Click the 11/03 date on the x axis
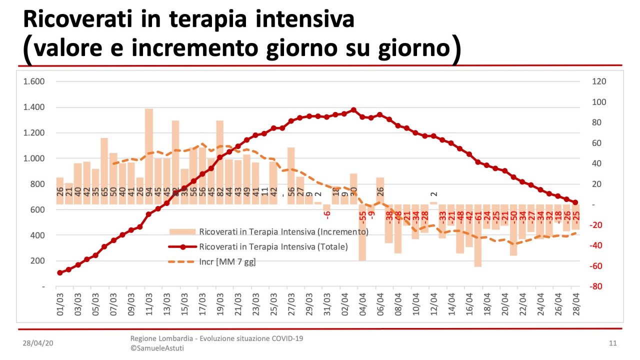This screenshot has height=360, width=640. click(x=145, y=303)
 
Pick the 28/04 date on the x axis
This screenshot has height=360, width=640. click(x=575, y=303)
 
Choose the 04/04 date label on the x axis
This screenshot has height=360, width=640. click(x=362, y=303)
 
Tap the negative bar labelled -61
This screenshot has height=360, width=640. click(x=478, y=235)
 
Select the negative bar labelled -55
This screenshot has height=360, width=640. click(x=362, y=232)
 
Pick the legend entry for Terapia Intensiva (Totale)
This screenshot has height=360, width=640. click(x=273, y=246)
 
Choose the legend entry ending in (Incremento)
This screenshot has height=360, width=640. click(x=283, y=231)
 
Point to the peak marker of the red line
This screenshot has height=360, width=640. click(x=353, y=110)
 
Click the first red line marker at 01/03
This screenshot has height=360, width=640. click(x=60, y=273)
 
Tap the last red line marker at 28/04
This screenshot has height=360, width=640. click(x=575, y=202)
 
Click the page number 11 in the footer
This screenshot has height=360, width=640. click(x=613, y=343)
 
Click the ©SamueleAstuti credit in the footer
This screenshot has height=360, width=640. click(x=157, y=348)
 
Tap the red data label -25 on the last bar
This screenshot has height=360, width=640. click(x=576, y=216)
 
